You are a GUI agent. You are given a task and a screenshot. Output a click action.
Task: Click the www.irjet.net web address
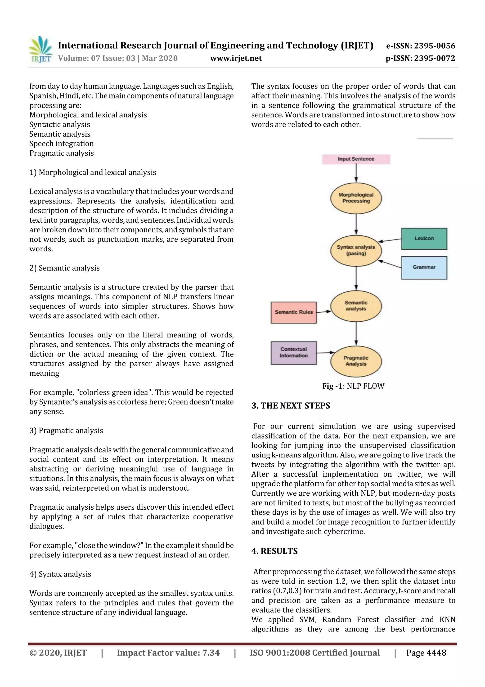tap(236, 58)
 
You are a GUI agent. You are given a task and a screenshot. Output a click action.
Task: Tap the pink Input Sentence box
tap(356, 159)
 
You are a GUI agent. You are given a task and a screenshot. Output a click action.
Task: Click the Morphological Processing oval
tap(356, 198)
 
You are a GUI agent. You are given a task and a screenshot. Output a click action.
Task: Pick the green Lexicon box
tap(424, 239)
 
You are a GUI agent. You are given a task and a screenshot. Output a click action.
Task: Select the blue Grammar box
tap(424, 267)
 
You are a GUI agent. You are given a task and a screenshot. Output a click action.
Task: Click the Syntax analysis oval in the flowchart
tap(356, 250)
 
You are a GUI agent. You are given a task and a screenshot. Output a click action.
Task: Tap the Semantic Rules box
tap(293, 312)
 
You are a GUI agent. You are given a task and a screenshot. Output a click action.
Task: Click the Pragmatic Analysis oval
tap(356, 361)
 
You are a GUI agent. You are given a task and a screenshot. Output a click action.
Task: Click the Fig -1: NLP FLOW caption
tap(353, 386)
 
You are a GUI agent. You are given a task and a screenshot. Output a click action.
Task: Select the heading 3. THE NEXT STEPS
tap(291, 406)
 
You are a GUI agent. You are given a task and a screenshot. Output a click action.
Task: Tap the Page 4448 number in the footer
tap(426, 653)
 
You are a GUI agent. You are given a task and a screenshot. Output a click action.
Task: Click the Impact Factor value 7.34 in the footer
tap(168, 653)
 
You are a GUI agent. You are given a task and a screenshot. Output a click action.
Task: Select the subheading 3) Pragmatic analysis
tap(66, 431)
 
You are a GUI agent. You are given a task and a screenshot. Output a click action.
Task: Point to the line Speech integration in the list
tap(61, 144)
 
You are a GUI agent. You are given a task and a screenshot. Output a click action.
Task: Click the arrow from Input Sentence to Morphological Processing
tap(356, 173)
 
